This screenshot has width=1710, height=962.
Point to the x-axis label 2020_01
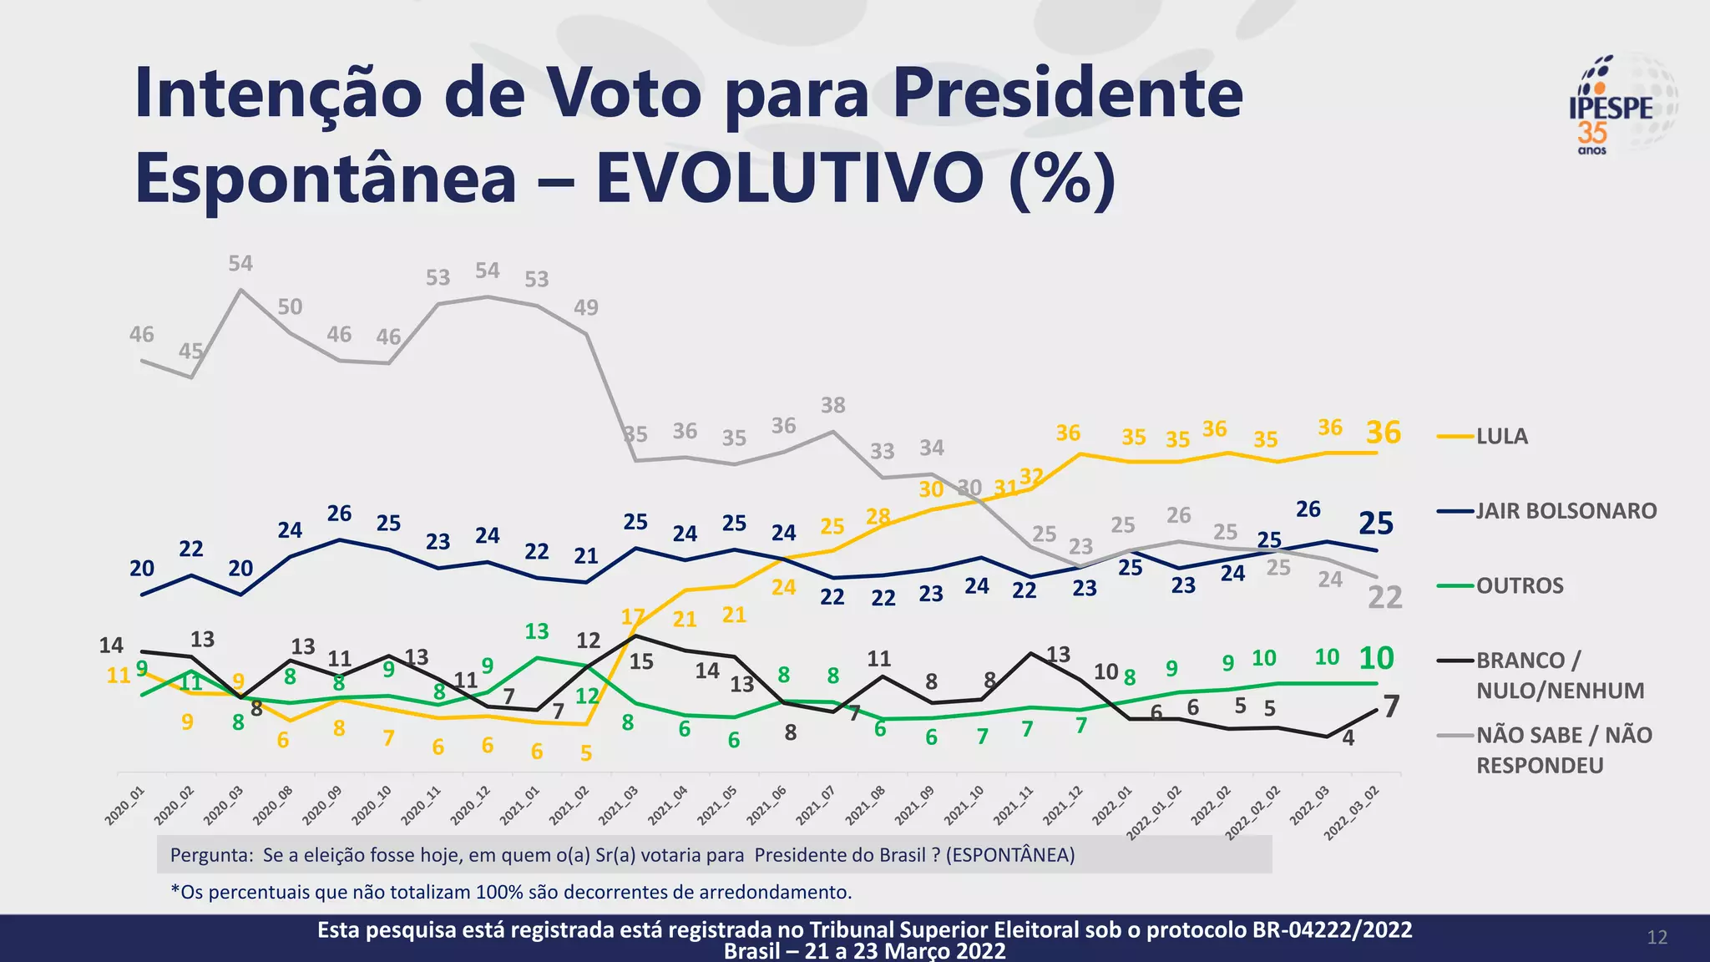pos(124,807)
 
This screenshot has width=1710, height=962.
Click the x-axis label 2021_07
pos(815,807)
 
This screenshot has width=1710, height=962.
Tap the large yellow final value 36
pos(1384,433)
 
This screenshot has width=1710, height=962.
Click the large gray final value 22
pos(1384,598)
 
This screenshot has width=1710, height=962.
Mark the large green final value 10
pos(1376,659)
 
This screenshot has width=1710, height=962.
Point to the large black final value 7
pos(1391,707)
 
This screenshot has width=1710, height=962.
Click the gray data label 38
pos(832,406)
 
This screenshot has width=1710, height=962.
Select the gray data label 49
pos(585,308)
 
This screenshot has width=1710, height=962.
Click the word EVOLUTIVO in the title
pos(789,178)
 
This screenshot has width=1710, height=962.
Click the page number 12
pos(1657,938)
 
